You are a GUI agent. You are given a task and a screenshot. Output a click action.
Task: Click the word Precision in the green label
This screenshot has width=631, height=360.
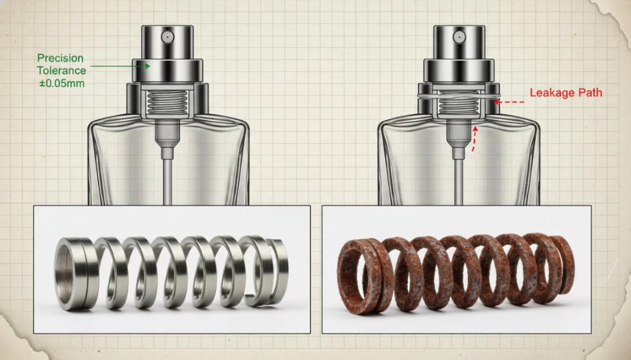(x=60, y=58)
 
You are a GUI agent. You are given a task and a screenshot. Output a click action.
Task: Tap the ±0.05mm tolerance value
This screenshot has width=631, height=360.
(x=62, y=83)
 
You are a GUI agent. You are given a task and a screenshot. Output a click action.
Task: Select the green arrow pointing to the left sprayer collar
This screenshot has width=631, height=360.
(x=120, y=65)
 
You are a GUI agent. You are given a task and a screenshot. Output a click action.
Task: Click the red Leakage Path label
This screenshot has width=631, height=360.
(x=566, y=92)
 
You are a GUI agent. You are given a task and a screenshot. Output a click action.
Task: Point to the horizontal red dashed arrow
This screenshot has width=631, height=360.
(x=509, y=102)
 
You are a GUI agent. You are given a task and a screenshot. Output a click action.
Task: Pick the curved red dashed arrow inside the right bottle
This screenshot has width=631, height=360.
(x=474, y=139)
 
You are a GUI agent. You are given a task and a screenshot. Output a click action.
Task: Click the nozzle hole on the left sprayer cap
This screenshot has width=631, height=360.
(x=168, y=37)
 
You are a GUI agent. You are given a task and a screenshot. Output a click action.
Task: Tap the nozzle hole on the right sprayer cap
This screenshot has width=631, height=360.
(x=458, y=38)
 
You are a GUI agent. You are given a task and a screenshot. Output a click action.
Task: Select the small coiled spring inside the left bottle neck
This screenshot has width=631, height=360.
(x=168, y=102)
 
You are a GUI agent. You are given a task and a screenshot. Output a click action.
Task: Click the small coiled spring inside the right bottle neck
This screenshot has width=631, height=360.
(x=458, y=103)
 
